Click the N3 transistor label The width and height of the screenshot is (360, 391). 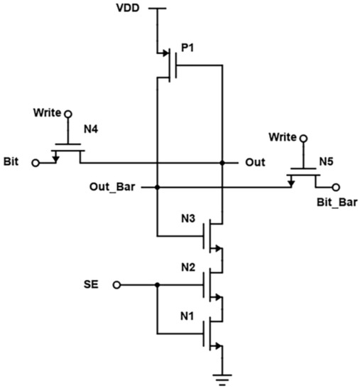[x=189, y=218]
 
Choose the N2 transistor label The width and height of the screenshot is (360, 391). [x=189, y=268]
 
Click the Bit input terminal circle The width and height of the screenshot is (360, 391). [x=36, y=162]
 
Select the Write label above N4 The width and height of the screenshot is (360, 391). [x=48, y=113]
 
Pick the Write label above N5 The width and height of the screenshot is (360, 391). [x=283, y=135]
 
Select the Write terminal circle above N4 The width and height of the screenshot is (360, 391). [x=69, y=114]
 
